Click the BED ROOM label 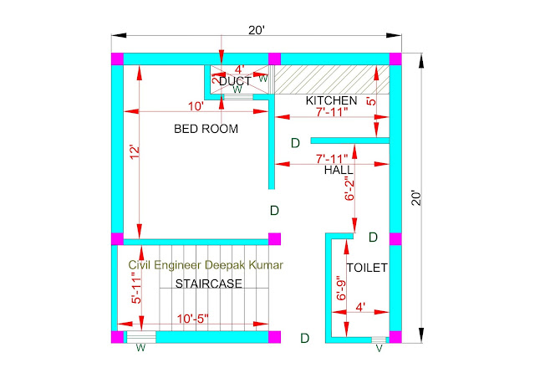[206, 129]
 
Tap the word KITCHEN [331, 100]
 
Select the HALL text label [339, 170]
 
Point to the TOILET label [367, 268]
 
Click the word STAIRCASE [209, 283]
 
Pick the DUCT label [235, 81]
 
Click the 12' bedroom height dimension [135, 152]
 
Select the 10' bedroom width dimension [196, 106]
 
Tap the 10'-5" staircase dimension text [192, 319]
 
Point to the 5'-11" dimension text [136, 288]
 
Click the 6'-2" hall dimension [349, 188]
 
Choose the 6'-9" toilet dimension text [341, 288]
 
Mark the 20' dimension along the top [257, 30]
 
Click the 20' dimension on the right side [416, 197]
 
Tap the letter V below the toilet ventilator [379, 349]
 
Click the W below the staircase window [140, 348]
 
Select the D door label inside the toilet [373, 237]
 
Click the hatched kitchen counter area [332, 79]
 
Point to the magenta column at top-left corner [117, 59]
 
